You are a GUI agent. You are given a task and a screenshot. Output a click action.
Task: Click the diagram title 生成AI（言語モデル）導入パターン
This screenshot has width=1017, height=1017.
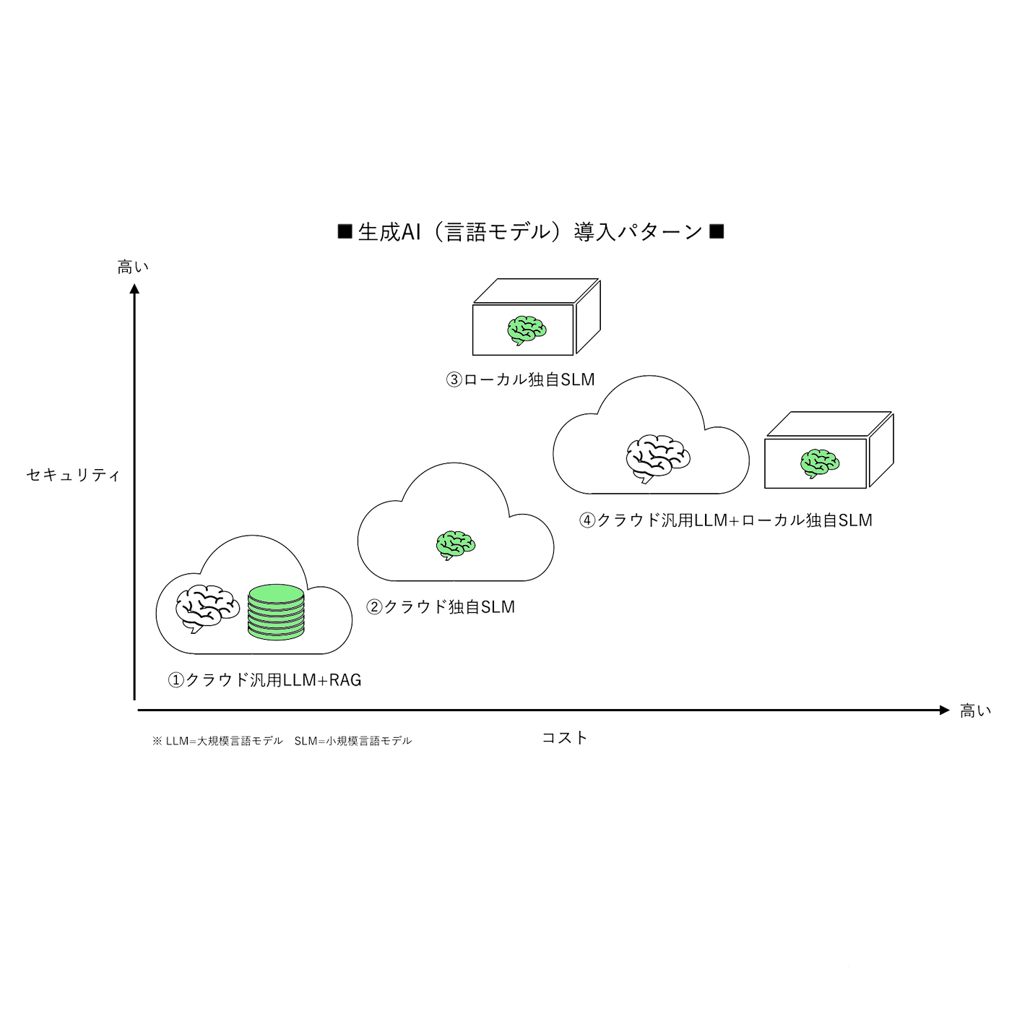point(530,232)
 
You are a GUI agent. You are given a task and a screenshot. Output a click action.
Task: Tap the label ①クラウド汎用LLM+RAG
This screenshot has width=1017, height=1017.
point(264,680)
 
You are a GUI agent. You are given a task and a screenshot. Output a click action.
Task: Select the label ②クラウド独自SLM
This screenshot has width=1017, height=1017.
point(441,607)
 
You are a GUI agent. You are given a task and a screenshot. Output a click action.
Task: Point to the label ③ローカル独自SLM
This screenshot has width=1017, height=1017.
point(520,379)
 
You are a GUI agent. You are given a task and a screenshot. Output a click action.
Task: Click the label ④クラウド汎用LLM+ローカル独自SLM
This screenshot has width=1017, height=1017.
point(725,520)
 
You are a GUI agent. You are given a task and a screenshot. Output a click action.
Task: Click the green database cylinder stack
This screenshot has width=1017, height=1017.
point(276,612)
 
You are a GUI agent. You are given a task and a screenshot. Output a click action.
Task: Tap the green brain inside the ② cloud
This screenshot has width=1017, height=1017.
point(456,544)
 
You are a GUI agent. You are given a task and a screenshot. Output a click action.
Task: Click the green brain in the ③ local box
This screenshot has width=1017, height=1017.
point(527,330)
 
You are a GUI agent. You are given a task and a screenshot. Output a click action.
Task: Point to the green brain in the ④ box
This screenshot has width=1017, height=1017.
point(820,463)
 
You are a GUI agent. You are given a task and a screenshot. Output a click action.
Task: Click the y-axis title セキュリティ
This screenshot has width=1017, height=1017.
point(73,475)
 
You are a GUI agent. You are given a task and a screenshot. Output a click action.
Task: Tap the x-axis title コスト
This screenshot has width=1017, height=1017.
point(565,738)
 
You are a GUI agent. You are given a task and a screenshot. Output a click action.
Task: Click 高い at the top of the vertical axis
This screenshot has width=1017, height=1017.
point(133,267)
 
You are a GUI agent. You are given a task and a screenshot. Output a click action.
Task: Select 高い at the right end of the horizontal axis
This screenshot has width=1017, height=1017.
point(975,711)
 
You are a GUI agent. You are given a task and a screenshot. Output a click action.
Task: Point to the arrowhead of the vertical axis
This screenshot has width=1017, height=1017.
point(134,289)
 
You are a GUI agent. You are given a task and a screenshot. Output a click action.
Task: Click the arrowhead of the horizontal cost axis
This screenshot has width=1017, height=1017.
point(944,711)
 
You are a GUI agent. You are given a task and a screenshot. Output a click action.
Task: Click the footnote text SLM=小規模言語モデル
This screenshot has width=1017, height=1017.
point(353,741)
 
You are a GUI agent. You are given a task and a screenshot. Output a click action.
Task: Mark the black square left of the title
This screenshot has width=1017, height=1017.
point(345,231)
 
